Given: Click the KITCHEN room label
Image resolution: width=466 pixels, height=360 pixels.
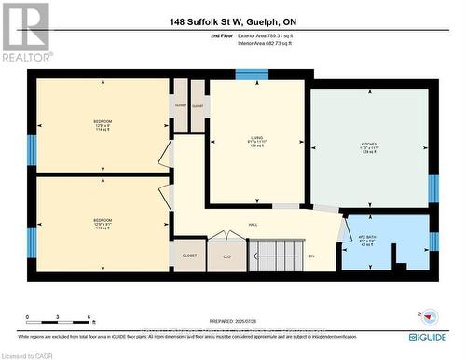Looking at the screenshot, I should [x=371, y=147].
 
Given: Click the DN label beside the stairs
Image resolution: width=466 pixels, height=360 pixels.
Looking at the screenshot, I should [x=311, y=255].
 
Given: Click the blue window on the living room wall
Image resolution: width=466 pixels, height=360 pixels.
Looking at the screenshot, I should [x=252, y=74].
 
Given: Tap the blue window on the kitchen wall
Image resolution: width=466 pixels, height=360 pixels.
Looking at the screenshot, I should [x=433, y=188].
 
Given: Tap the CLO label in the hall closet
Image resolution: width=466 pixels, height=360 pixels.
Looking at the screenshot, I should [x=225, y=255].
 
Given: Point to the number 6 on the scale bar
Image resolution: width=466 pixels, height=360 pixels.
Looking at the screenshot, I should [x=88, y=318].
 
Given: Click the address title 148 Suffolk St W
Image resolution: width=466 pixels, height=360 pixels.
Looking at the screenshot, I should [x=232, y=22].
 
